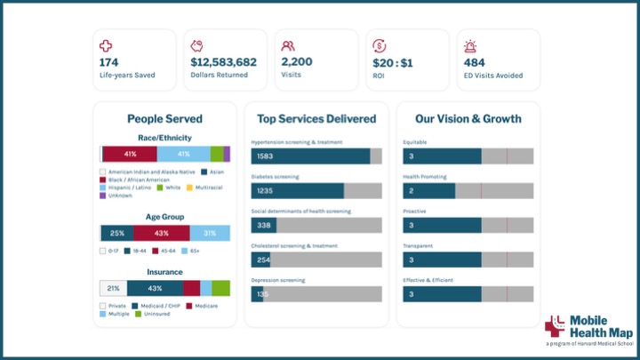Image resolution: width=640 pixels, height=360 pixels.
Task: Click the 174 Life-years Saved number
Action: point(109,62)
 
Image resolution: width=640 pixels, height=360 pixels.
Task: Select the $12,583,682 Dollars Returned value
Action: point(223,62)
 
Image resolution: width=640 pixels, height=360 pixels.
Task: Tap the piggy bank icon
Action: point(197,45)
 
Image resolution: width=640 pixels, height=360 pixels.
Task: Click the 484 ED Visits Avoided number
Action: point(476,62)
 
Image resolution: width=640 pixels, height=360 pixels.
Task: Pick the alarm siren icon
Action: point(470,45)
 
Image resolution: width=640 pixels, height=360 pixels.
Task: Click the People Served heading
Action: point(164,118)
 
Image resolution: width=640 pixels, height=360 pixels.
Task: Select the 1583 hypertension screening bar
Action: point(310,156)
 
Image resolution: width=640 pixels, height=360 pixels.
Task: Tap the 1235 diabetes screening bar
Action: point(297,191)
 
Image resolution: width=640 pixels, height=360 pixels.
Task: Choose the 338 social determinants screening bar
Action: point(263,226)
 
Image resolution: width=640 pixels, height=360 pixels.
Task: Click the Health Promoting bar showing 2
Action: point(428,191)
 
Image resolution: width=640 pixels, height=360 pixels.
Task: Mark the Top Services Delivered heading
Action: point(316,118)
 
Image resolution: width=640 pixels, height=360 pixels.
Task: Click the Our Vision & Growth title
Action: point(468,118)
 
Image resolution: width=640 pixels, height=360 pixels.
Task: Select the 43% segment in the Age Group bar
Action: point(162,233)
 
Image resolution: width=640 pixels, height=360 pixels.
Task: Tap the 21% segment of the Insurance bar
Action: point(113,288)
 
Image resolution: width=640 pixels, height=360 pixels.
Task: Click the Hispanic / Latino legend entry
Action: point(128,188)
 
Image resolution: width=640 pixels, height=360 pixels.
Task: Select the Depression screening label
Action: point(277,280)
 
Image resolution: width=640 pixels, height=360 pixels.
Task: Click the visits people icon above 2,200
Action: point(288,45)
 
